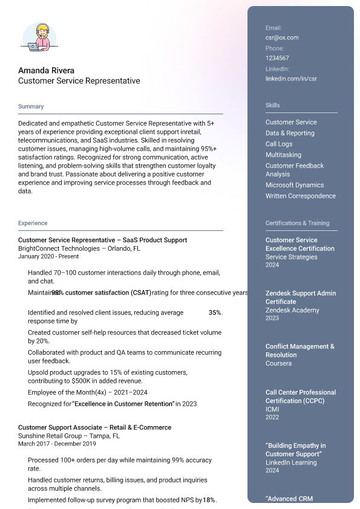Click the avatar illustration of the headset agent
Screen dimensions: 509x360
(39, 37)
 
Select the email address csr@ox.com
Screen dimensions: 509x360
(282, 37)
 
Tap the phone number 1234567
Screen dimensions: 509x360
(277, 58)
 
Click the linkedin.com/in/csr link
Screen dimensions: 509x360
(291, 79)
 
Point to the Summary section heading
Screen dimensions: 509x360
(31, 106)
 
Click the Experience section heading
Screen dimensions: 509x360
(33, 223)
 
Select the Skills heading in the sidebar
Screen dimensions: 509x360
(273, 105)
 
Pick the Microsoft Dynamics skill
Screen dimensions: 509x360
(295, 185)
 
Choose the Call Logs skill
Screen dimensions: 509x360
(279, 144)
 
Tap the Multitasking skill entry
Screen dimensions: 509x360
(283, 155)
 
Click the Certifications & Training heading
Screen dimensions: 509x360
(298, 223)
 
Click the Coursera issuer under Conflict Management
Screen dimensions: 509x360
(278, 363)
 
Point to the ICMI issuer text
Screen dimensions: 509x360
(272, 409)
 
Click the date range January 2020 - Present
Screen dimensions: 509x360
(48, 256)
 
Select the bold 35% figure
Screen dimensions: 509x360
(215, 313)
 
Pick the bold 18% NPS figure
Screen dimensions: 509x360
(209, 500)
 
